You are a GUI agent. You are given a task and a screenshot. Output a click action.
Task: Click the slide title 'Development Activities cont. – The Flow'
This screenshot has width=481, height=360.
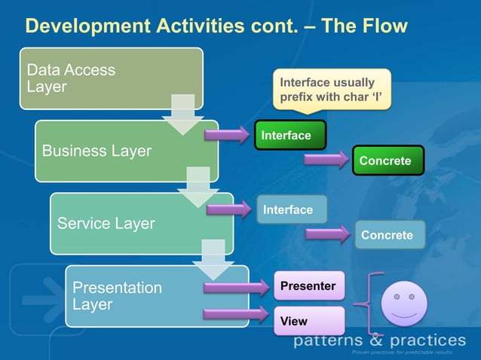click(x=216, y=26)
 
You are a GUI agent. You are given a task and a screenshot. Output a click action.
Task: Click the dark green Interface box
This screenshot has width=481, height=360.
click(x=290, y=135)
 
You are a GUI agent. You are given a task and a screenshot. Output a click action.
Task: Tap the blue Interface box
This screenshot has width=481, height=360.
click(x=291, y=209)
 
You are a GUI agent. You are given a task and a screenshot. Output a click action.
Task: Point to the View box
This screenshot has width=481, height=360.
click(x=308, y=321)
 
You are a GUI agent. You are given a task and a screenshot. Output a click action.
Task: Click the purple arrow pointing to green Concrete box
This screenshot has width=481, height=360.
click(x=326, y=160)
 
